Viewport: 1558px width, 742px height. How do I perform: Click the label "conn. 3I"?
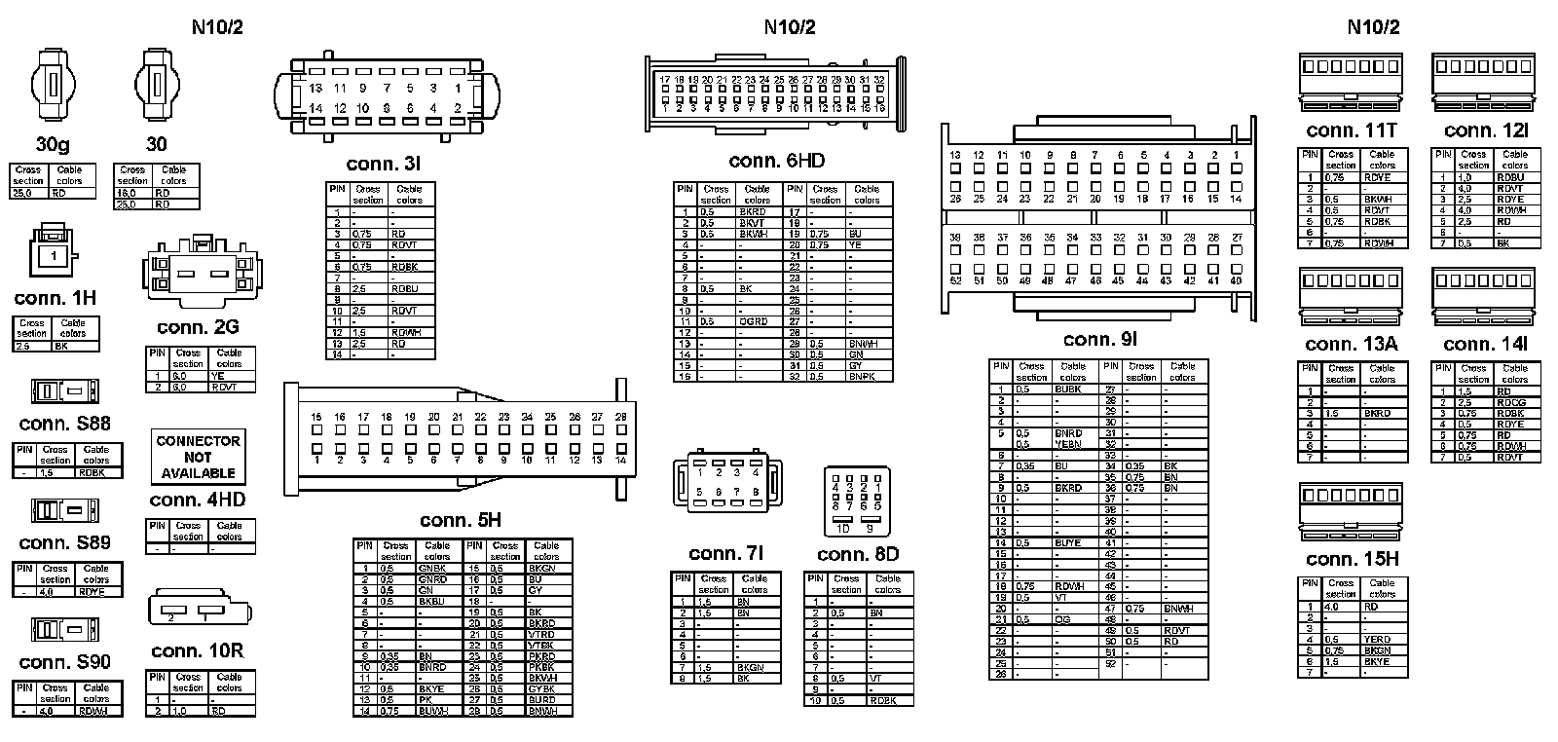tap(384, 164)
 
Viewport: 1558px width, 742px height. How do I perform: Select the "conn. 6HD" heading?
tap(776, 161)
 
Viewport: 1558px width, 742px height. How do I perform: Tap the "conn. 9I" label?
tap(1100, 339)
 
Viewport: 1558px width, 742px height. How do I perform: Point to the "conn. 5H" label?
tap(461, 520)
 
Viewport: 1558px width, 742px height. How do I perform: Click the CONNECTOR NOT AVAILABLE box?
tap(198, 456)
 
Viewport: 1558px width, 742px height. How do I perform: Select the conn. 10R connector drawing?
tap(198, 612)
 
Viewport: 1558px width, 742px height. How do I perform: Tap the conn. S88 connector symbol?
tap(64, 391)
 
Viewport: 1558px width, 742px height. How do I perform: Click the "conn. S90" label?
tap(65, 662)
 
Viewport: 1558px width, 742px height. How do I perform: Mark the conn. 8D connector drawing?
tap(857, 499)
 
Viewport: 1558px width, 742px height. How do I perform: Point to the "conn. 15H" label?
tap(1352, 559)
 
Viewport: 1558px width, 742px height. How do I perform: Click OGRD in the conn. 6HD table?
tap(753, 321)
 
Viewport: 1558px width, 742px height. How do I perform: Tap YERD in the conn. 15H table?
tap(1377, 640)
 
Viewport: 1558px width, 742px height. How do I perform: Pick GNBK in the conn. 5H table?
tap(432, 568)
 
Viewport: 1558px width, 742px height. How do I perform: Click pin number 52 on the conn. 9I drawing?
tap(955, 280)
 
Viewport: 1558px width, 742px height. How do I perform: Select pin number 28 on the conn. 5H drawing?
tap(621, 417)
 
